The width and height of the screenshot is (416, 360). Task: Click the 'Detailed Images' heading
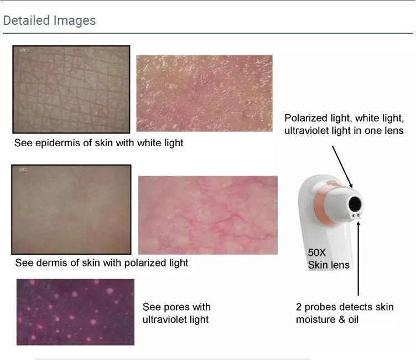pyautogui.click(x=49, y=20)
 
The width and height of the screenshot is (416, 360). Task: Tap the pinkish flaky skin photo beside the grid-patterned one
pyautogui.click(x=204, y=93)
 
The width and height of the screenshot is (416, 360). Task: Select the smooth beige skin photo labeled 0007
pyautogui.click(x=71, y=209)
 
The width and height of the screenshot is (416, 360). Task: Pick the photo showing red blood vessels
pyautogui.click(x=207, y=215)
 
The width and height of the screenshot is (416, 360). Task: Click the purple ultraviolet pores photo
pyautogui.click(x=75, y=312)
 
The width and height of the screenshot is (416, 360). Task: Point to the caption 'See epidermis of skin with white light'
pyautogui.click(x=99, y=143)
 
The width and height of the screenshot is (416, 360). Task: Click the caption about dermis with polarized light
pyautogui.click(x=102, y=263)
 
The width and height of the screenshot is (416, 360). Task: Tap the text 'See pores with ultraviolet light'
pyautogui.click(x=176, y=313)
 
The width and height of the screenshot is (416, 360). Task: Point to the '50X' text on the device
pyautogui.click(x=318, y=253)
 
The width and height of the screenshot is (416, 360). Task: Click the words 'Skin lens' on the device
pyautogui.click(x=329, y=265)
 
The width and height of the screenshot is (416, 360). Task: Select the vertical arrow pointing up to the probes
pyautogui.click(x=358, y=258)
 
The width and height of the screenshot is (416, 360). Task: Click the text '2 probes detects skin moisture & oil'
pyautogui.click(x=344, y=313)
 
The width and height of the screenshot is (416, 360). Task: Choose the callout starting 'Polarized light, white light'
pyautogui.click(x=344, y=124)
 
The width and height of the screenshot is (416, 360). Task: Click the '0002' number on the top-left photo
pyautogui.click(x=24, y=50)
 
